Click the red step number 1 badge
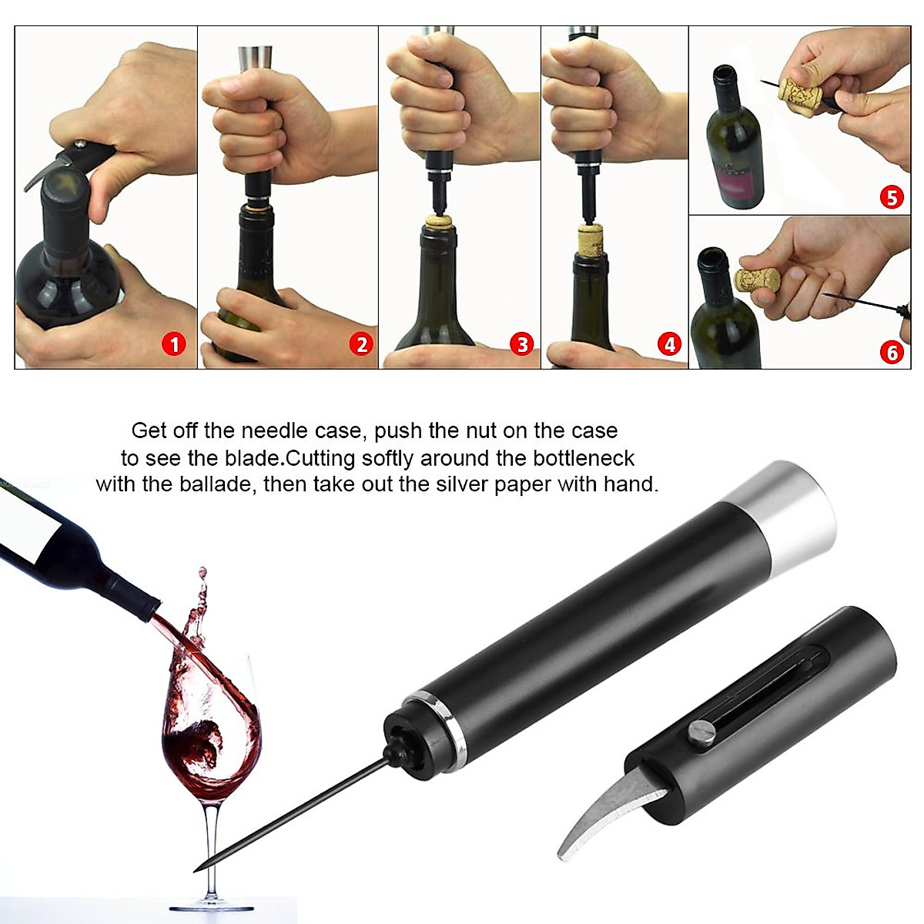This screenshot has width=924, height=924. [x=174, y=343]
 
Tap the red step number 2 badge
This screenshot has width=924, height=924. [x=361, y=344]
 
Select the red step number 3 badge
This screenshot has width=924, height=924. [x=523, y=344]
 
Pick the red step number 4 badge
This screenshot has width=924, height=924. [x=669, y=344]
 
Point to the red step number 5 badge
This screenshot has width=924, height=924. [x=891, y=197]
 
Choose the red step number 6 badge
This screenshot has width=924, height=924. [x=891, y=352]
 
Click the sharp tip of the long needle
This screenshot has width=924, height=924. [x=196, y=869]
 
